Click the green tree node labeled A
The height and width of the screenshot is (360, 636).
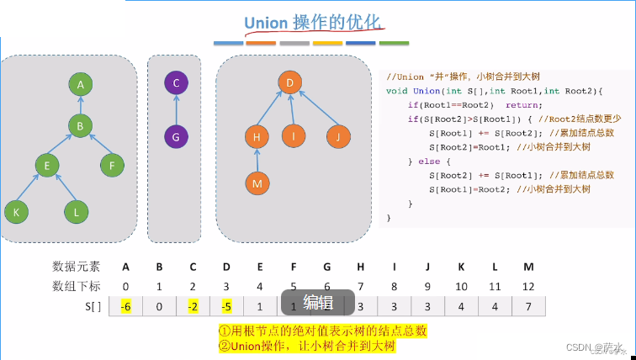pos(81,84)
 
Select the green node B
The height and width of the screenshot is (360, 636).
pos(81,125)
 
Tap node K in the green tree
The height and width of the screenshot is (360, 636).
pos(16,212)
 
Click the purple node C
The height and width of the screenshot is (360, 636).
pos(176,83)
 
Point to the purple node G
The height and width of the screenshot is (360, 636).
pos(176,136)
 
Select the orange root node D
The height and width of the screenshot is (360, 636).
pos(289,82)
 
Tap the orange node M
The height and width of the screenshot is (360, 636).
pos(258,182)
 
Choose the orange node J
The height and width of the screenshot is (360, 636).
pos(337,136)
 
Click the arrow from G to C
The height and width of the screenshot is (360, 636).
pos(176,109)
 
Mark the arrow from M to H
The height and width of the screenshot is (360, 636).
pos(258,159)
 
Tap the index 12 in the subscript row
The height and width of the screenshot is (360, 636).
pos(528,286)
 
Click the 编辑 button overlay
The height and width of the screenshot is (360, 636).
pos(318,303)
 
